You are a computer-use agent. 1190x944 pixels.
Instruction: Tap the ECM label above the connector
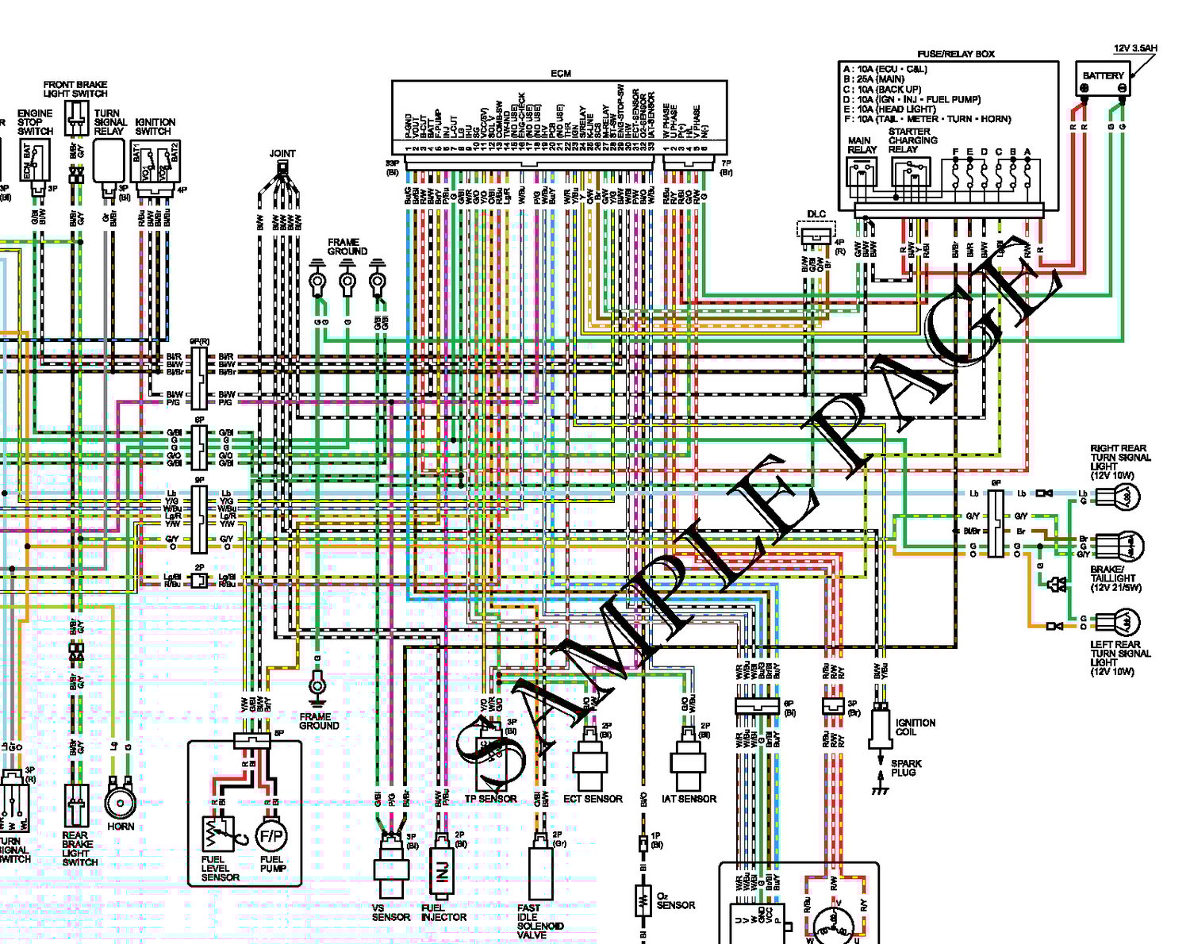pos(560,74)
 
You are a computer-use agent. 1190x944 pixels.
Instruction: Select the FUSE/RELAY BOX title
pos(955,54)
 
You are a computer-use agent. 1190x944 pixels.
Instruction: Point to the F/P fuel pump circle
pos(271,835)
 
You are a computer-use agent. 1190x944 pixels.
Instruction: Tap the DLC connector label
pos(816,214)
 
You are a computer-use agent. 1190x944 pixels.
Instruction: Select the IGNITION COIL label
pos(915,727)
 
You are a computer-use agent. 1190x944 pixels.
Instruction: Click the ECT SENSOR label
pos(593,799)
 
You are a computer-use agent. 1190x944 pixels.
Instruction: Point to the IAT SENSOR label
pos(689,799)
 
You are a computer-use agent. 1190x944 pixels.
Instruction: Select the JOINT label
pos(282,154)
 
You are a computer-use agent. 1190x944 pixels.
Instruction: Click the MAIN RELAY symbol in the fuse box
pos(861,171)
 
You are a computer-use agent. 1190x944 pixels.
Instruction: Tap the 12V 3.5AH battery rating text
pos(1134,48)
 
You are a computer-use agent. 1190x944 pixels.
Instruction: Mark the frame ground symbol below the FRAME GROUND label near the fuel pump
pos(317,685)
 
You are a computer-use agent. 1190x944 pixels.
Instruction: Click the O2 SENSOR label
pos(675,900)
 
